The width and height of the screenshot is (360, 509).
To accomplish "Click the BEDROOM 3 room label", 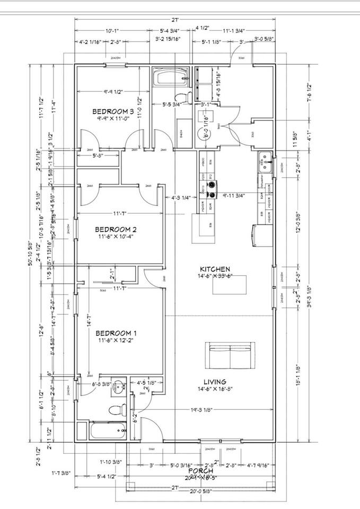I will point(113,111).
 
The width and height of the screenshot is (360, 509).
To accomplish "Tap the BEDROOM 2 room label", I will point(116,229).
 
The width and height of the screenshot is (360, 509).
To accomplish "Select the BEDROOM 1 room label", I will point(116,333).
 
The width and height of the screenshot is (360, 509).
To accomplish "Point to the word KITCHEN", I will point(215,269).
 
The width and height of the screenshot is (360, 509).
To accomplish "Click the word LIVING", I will point(215,381).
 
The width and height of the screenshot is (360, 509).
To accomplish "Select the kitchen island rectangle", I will point(230,285).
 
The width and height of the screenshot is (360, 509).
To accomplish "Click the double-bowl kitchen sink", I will point(266,161).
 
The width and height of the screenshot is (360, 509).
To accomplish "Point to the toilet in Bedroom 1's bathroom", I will point(114,410).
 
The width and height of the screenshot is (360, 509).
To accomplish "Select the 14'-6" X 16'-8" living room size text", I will point(215,390).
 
